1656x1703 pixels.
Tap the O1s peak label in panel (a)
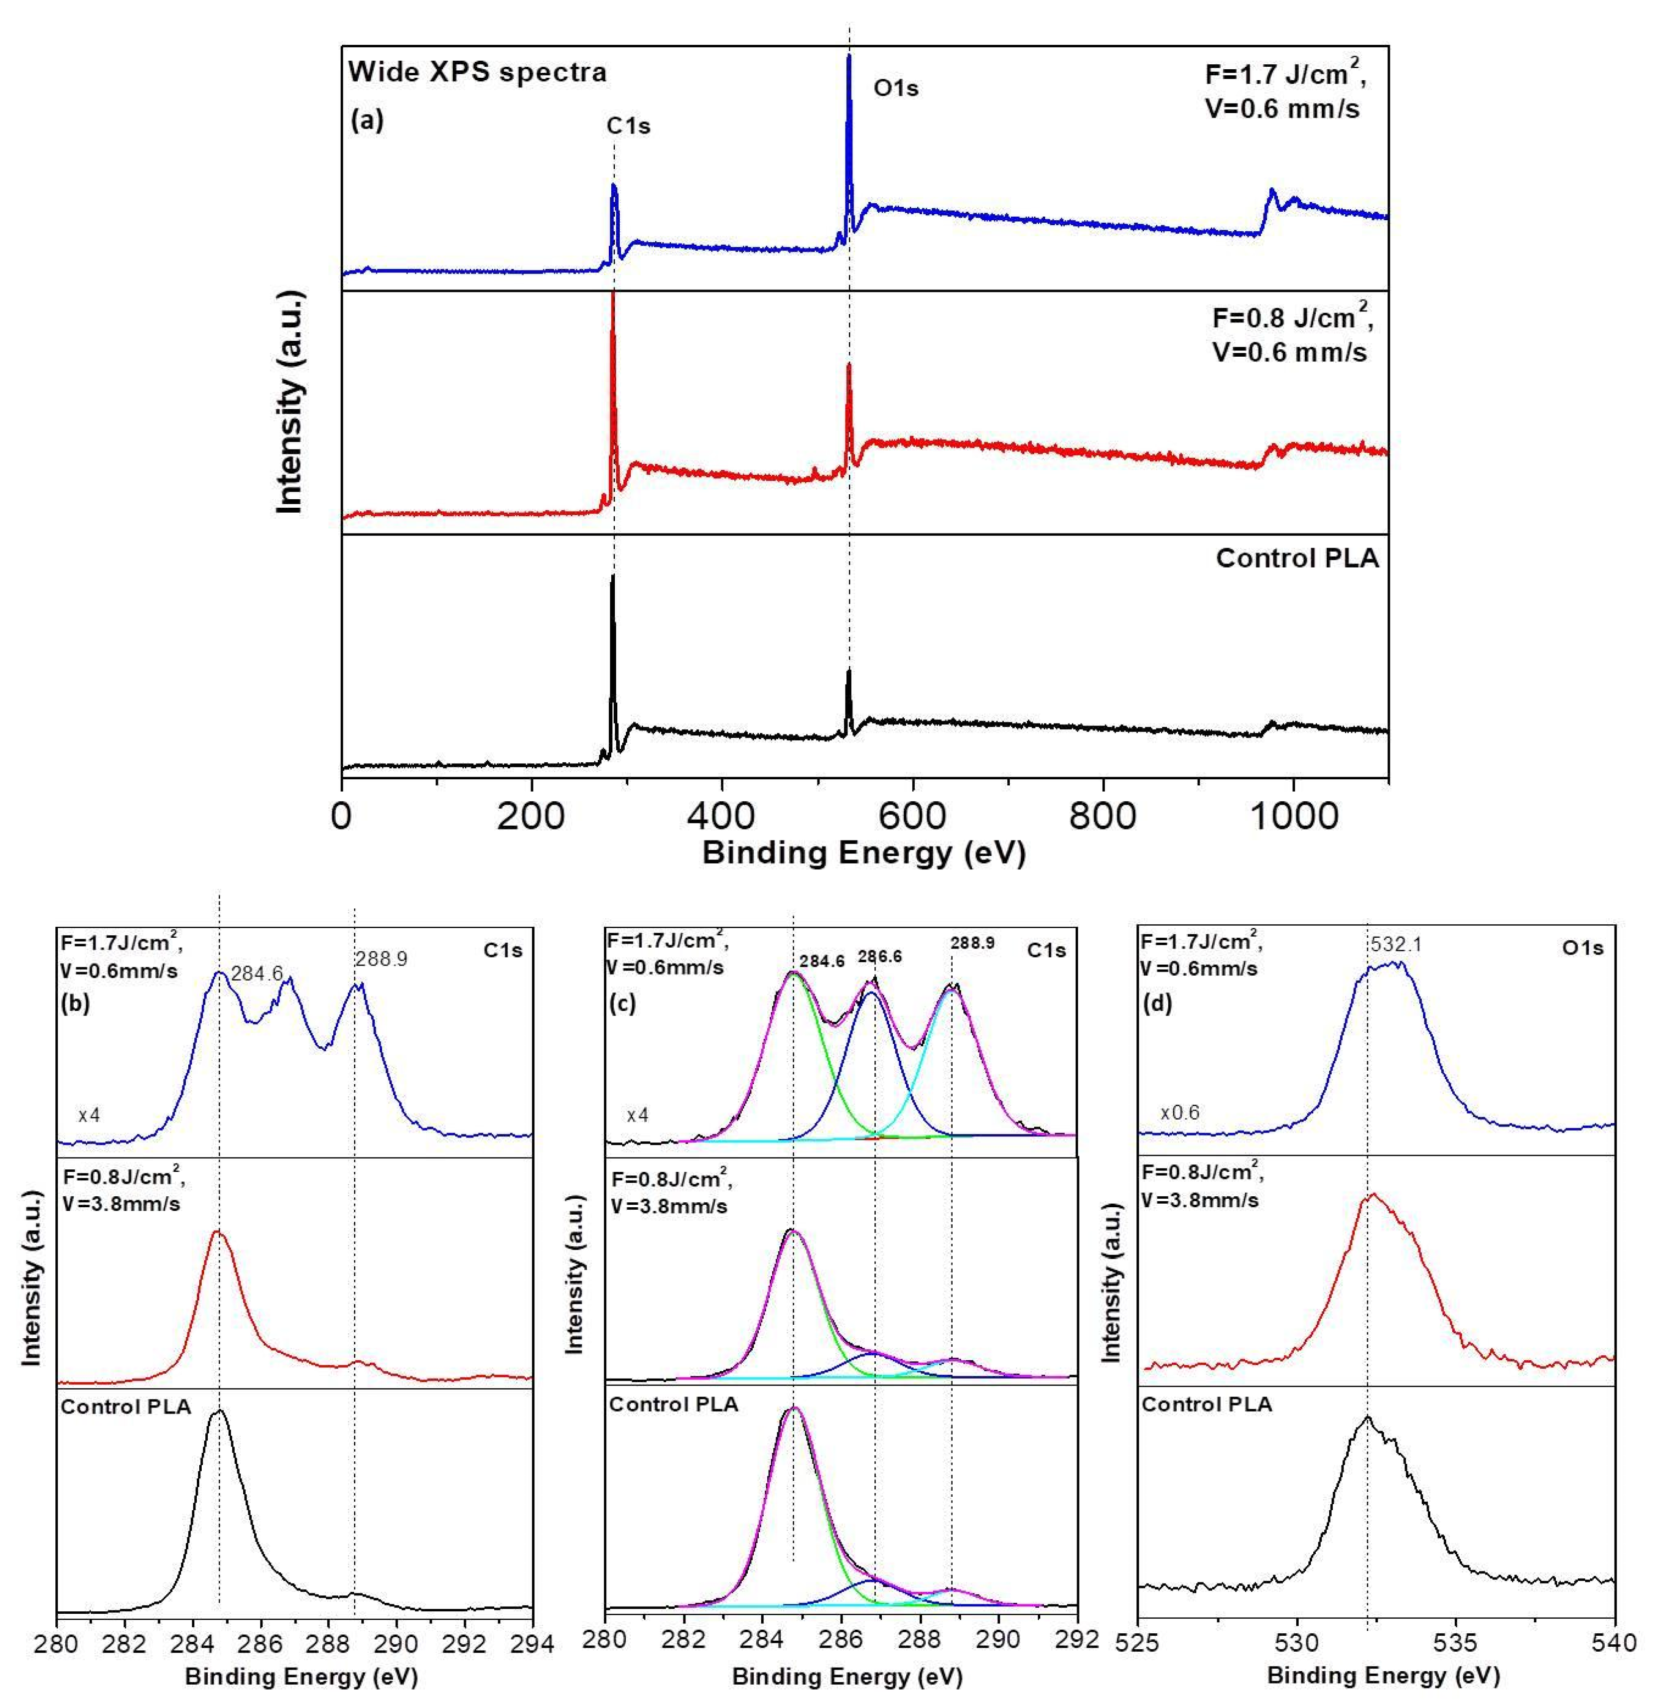896,88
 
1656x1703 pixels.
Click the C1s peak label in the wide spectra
628,126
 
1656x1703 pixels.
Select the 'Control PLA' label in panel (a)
1297,558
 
